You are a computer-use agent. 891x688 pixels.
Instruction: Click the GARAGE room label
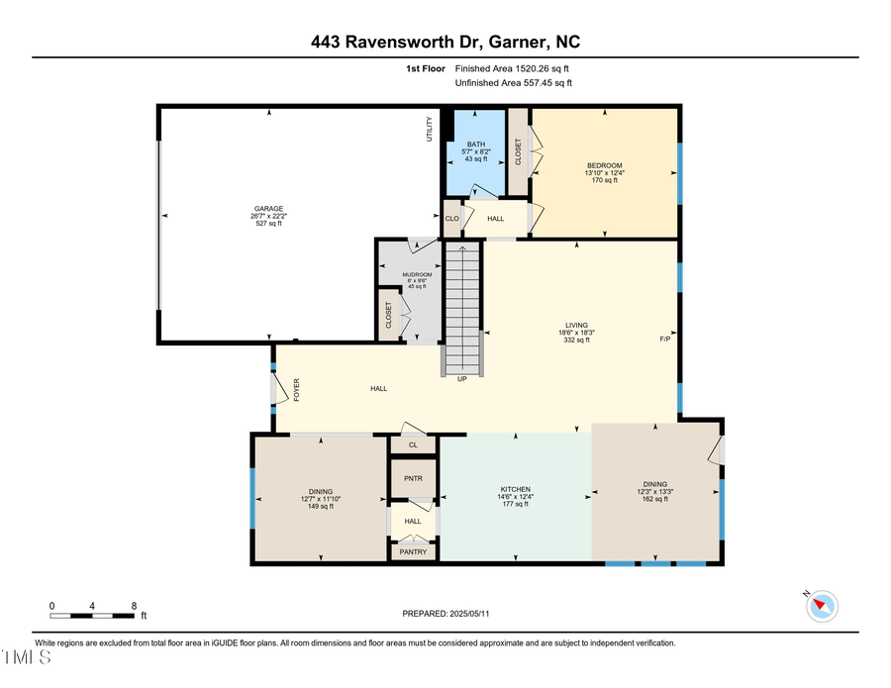point(268,209)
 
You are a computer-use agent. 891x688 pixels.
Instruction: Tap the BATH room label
point(475,145)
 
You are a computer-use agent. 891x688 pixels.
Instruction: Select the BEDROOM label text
point(604,164)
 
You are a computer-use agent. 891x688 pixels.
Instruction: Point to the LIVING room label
point(576,325)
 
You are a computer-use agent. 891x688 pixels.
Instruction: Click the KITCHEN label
point(515,489)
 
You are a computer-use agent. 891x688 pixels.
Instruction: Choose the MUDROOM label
point(417,274)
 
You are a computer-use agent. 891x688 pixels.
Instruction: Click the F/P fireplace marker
point(665,340)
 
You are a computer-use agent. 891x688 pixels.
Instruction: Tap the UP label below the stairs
point(461,378)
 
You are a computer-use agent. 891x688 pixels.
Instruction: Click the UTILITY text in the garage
point(430,129)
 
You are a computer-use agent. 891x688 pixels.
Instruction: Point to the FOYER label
point(296,389)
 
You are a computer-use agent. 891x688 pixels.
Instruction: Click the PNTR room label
point(413,478)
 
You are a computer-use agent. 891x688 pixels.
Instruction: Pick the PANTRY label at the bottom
point(413,551)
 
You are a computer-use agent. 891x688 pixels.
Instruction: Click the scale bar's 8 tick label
point(133,605)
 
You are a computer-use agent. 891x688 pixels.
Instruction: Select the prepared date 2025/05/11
point(445,614)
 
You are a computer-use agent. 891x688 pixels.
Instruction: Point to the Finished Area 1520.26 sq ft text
point(512,68)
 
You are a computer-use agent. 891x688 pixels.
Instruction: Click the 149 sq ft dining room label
point(320,506)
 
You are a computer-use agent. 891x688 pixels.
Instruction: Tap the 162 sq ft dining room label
point(654,500)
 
